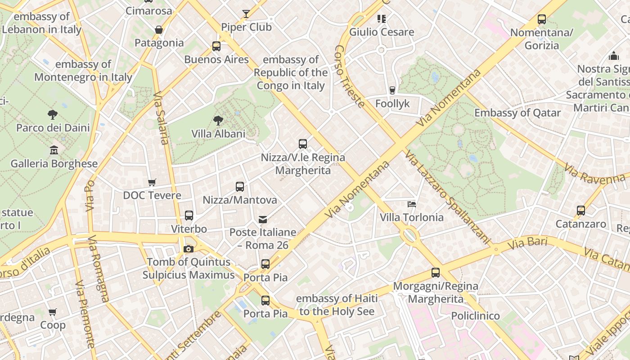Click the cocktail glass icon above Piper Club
tap(246, 14)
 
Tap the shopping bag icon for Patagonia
tap(158, 30)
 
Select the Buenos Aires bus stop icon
tap(216, 46)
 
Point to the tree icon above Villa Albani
tap(218, 120)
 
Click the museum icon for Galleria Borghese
tap(54, 150)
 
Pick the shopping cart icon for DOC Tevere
tap(152, 182)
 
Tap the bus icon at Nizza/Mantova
tap(240, 186)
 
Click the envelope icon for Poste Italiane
tap(263, 219)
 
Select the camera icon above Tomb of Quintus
tap(189, 249)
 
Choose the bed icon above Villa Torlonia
tap(411, 204)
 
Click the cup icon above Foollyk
tap(392, 90)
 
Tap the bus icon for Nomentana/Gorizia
tap(542, 19)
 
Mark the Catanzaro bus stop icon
tap(581, 210)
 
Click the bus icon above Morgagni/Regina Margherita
tap(435, 272)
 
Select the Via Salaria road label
tap(161, 118)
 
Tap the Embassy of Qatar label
tap(517, 113)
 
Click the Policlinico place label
tap(475, 316)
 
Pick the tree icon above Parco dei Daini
tap(53, 114)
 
